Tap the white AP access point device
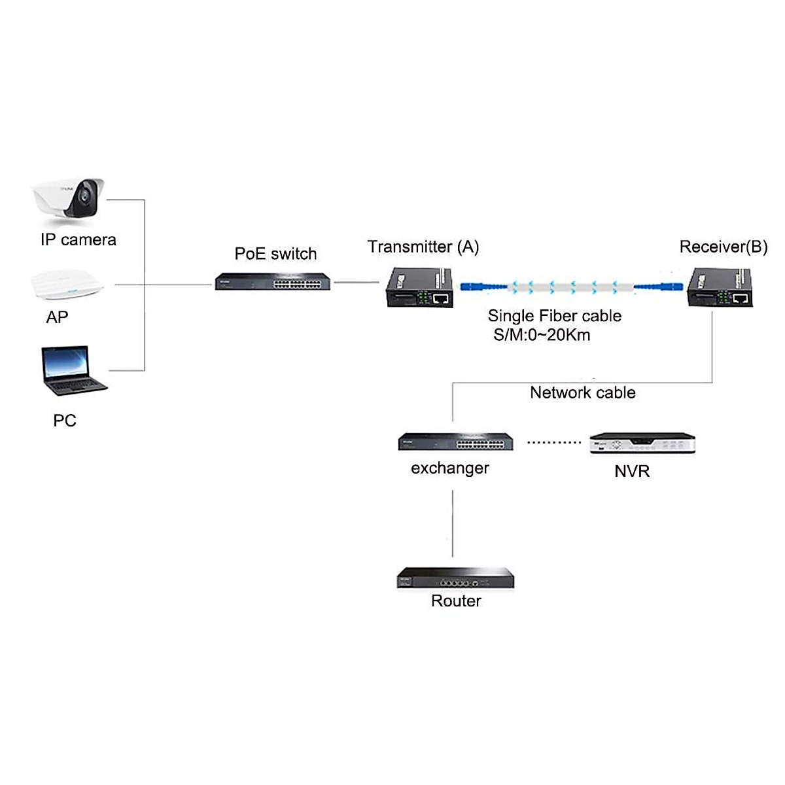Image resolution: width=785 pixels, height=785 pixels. coord(69,285)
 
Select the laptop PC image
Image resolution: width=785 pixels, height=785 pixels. coord(73,371)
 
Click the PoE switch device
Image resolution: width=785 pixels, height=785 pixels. coord(273,281)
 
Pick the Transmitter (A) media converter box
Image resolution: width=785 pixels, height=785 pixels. coord(421,288)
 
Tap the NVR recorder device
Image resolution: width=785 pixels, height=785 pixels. coord(642,443)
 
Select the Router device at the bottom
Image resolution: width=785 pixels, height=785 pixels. coord(455,579)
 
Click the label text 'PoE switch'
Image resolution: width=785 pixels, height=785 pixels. coord(275,254)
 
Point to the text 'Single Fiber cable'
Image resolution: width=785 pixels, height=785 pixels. coord(554,316)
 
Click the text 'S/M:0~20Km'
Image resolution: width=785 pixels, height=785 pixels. coord(542,336)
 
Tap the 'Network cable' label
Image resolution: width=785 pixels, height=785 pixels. coord(582,392)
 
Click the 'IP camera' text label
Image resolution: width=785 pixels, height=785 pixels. coord(78,240)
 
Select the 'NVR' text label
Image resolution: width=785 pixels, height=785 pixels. coord(632,471)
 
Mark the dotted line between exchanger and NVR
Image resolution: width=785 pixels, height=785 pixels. coord(553,442)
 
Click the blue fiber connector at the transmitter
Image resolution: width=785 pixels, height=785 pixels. coord(483,286)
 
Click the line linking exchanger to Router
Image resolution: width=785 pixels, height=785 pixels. coord(453,527)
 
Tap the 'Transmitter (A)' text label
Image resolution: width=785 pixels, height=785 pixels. coord(423,247)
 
